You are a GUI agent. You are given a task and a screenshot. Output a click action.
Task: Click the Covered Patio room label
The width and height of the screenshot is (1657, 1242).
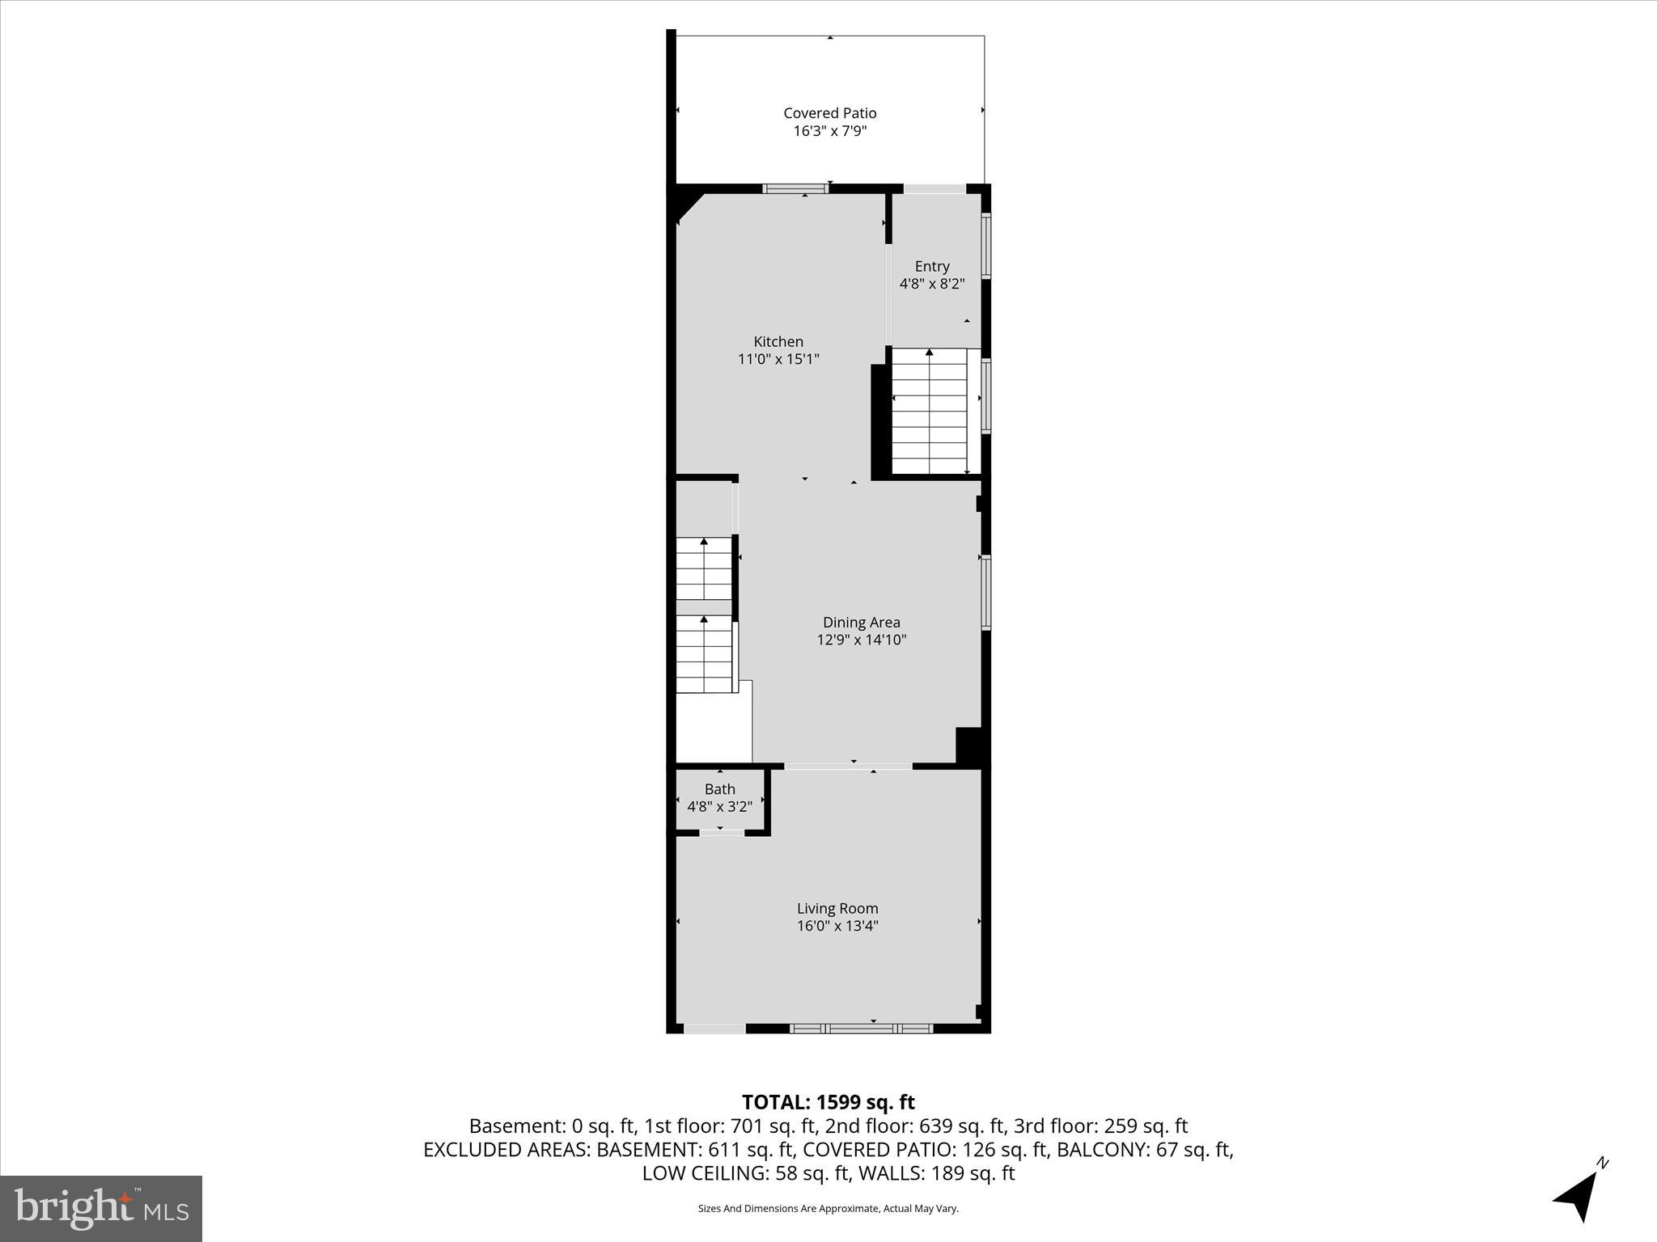coord(829,113)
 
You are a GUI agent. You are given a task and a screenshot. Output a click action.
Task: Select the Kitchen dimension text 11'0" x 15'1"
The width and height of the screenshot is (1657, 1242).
coord(778,359)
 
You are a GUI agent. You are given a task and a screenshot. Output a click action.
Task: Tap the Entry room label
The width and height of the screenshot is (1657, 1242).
coord(932,266)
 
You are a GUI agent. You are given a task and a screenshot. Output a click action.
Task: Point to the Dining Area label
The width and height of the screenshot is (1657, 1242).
coord(861,622)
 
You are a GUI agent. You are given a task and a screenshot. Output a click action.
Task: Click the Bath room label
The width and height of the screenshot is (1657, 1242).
coord(719,789)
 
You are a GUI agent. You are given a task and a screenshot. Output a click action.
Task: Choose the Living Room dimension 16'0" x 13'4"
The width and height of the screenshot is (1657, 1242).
coord(837,926)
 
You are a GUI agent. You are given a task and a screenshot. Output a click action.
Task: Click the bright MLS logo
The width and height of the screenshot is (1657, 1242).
coord(101,1208)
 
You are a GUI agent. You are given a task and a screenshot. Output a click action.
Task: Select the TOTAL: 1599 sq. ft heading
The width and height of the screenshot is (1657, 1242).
coord(828,1102)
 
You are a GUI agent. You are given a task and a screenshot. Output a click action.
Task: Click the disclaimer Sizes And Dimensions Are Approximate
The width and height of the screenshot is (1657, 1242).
coord(828,1208)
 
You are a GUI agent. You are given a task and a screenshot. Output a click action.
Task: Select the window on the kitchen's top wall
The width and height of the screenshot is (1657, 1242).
coord(796,189)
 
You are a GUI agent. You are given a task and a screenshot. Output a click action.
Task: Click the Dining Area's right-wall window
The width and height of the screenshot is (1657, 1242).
coord(985,591)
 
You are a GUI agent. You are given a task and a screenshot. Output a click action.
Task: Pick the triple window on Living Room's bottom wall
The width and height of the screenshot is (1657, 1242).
coord(861,1029)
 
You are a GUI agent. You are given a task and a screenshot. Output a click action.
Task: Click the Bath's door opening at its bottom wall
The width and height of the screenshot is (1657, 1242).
coord(721,832)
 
